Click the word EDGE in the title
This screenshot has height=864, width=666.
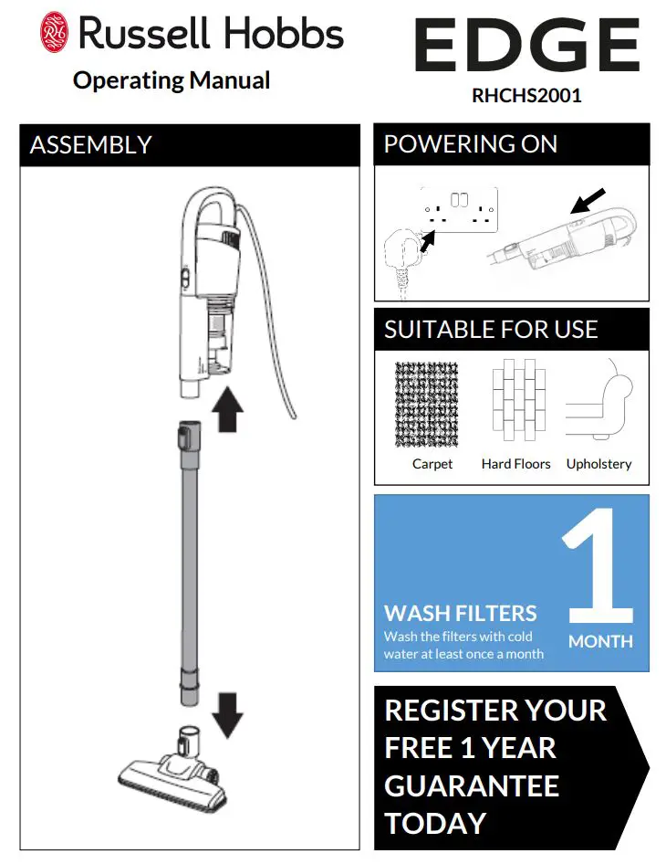tap(526, 46)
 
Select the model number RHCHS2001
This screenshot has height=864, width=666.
tap(526, 96)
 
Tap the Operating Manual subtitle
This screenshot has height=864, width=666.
tap(172, 80)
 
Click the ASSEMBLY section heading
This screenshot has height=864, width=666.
tap(90, 145)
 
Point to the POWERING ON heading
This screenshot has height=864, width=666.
tap(470, 144)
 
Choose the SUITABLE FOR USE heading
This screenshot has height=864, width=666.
tap(491, 330)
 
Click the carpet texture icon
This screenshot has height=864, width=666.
tap(427, 405)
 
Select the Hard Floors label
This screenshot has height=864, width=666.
tap(515, 464)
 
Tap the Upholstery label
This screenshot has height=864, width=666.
tap(598, 464)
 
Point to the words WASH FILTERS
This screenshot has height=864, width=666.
tap(461, 613)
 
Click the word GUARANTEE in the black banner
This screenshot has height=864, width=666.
tap(472, 785)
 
